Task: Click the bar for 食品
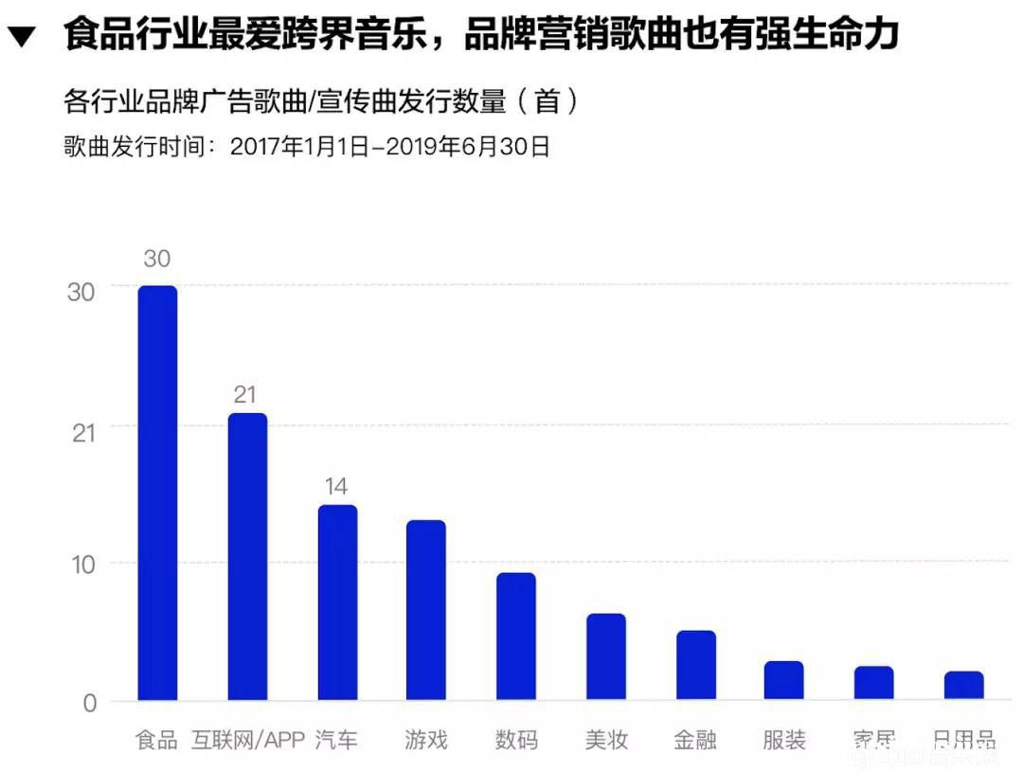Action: pyautogui.click(x=157, y=493)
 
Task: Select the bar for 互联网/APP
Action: pyautogui.click(x=247, y=557)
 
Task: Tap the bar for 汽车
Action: pyautogui.click(x=337, y=602)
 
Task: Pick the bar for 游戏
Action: pyautogui.click(x=426, y=610)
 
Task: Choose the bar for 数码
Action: pyautogui.click(x=516, y=637)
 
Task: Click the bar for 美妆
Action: pyautogui.click(x=606, y=657)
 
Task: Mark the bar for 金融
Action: pyautogui.click(x=695, y=665)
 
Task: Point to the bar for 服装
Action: pyautogui.click(x=784, y=680)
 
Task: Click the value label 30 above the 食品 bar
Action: pyautogui.click(x=157, y=259)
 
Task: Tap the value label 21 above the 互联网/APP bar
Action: pyautogui.click(x=246, y=395)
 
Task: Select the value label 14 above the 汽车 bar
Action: pyautogui.click(x=336, y=487)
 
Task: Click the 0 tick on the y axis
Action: pyautogui.click(x=90, y=703)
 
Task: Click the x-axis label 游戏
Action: pyautogui.click(x=426, y=740)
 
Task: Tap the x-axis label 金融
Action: pyautogui.click(x=695, y=740)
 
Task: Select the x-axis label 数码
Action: pyautogui.click(x=516, y=740)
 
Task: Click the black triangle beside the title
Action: pyautogui.click(x=22, y=39)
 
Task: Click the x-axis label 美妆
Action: pyautogui.click(x=606, y=740)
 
